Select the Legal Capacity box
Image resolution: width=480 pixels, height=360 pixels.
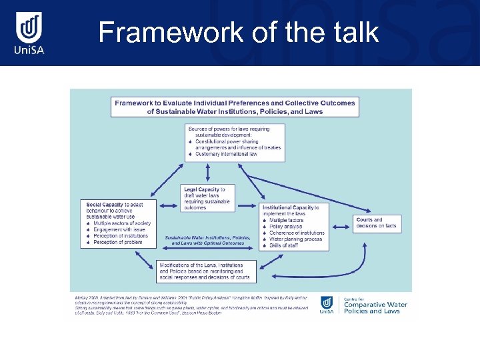click(207, 198)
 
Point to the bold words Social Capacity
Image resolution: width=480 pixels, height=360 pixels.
click(101, 203)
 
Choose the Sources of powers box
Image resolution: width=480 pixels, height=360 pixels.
click(235, 141)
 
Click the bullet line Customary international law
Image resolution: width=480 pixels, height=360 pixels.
click(226, 155)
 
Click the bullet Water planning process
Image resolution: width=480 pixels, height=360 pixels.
click(295, 239)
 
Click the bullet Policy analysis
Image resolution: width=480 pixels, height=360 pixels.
click(286, 227)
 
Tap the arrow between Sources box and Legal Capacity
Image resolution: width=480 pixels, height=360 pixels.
click(209, 173)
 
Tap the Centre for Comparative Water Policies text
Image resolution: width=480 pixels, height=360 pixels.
click(375, 305)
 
